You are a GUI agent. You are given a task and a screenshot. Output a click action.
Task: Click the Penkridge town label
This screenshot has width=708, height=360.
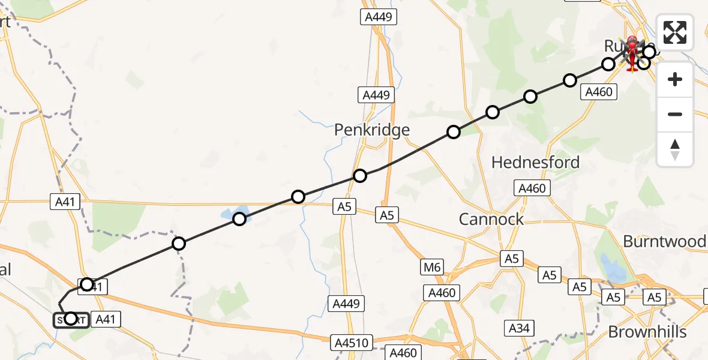click(372, 130)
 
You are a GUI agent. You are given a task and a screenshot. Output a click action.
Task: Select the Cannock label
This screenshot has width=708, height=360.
click(491, 219)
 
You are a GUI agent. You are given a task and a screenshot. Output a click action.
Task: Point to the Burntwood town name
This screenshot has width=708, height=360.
click(664, 241)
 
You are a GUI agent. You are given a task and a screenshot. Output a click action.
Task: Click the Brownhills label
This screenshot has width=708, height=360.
click(647, 332)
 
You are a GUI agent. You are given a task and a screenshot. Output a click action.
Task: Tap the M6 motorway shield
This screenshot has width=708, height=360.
click(431, 267)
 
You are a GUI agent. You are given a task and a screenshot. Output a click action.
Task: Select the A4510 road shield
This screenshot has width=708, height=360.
click(351, 343)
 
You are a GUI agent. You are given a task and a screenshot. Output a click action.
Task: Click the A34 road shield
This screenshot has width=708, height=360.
click(519, 328)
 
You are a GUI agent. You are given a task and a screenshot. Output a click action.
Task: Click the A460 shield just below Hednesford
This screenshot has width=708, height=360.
click(532, 188)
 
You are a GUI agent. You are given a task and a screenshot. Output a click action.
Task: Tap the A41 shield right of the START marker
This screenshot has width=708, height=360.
click(106, 320)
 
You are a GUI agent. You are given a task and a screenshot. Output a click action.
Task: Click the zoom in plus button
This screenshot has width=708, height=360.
click(675, 79)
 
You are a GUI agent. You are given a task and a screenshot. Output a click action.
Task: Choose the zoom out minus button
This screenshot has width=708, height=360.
click(675, 114)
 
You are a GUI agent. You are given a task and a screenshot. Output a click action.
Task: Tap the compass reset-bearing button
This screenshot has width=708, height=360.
click(675, 149)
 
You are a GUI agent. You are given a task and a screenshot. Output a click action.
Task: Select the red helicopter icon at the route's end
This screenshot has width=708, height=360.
click(632, 53)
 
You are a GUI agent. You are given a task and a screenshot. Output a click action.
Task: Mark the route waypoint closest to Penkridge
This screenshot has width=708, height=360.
click(360, 176)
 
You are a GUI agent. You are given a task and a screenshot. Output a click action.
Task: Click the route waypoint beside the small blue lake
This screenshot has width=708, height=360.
click(239, 219)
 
